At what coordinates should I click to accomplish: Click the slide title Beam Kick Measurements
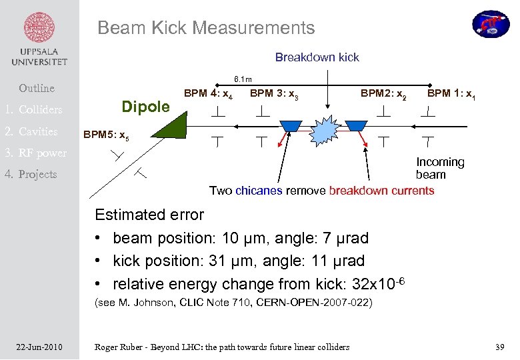(x=206, y=28)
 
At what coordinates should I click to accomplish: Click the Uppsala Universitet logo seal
(x=39, y=28)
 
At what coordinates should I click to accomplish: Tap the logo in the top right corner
(x=491, y=23)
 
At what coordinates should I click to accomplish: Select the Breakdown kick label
(x=317, y=57)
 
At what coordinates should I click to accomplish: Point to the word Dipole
(x=146, y=107)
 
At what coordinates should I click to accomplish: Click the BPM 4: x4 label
(x=207, y=95)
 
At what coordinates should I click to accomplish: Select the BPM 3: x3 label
(x=273, y=95)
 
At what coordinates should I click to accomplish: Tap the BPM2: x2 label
(x=383, y=95)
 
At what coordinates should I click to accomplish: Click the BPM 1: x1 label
(x=451, y=94)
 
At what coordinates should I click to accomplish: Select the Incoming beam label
(x=439, y=168)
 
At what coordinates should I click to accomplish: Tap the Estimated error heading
(x=149, y=215)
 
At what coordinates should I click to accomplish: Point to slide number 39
(x=501, y=347)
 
